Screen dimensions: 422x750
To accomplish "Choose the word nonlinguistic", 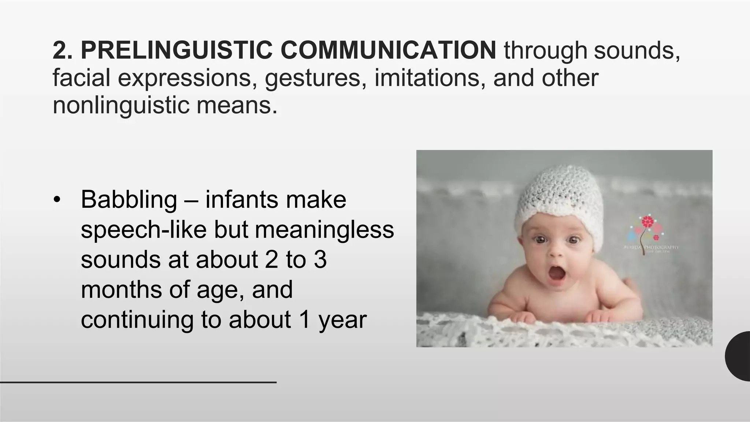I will tap(121, 105).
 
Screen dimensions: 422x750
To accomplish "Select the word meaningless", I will tap(324, 230).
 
